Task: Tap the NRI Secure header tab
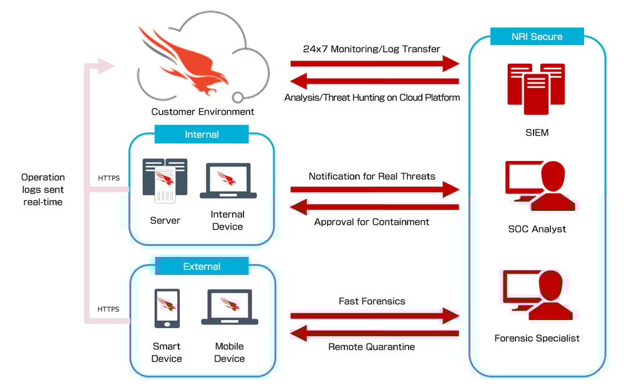point(537,36)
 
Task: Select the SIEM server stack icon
point(536,89)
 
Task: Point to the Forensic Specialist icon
point(539,294)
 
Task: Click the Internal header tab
point(202,134)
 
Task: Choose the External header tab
point(202,266)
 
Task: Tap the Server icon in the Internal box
point(165,180)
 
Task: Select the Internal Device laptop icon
point(228,180)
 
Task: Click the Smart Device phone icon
point(167,308)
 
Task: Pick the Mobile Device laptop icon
point(229,307)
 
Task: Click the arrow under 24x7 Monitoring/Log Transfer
point(374,63)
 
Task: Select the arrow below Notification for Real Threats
point(374,190)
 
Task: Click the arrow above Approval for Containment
point(374,207)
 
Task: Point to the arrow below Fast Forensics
point(374,316)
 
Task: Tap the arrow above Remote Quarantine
point(374,333)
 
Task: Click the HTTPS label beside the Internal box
point(109,178)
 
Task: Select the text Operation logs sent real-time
point(42,190)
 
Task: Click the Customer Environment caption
point(203,112)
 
